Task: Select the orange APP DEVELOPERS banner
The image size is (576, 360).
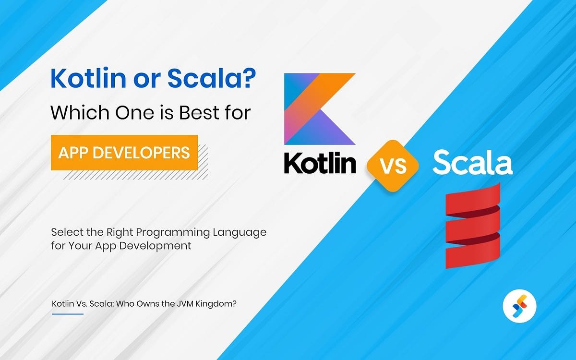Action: click(124, 153)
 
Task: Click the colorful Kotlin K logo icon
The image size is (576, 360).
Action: click(319, 109)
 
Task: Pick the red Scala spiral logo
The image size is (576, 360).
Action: click(473, 226)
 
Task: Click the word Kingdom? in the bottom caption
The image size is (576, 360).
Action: click(219, 304)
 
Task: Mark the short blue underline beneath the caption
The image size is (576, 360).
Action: click(67, 314)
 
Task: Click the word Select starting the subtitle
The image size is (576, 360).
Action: click(66, 232)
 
